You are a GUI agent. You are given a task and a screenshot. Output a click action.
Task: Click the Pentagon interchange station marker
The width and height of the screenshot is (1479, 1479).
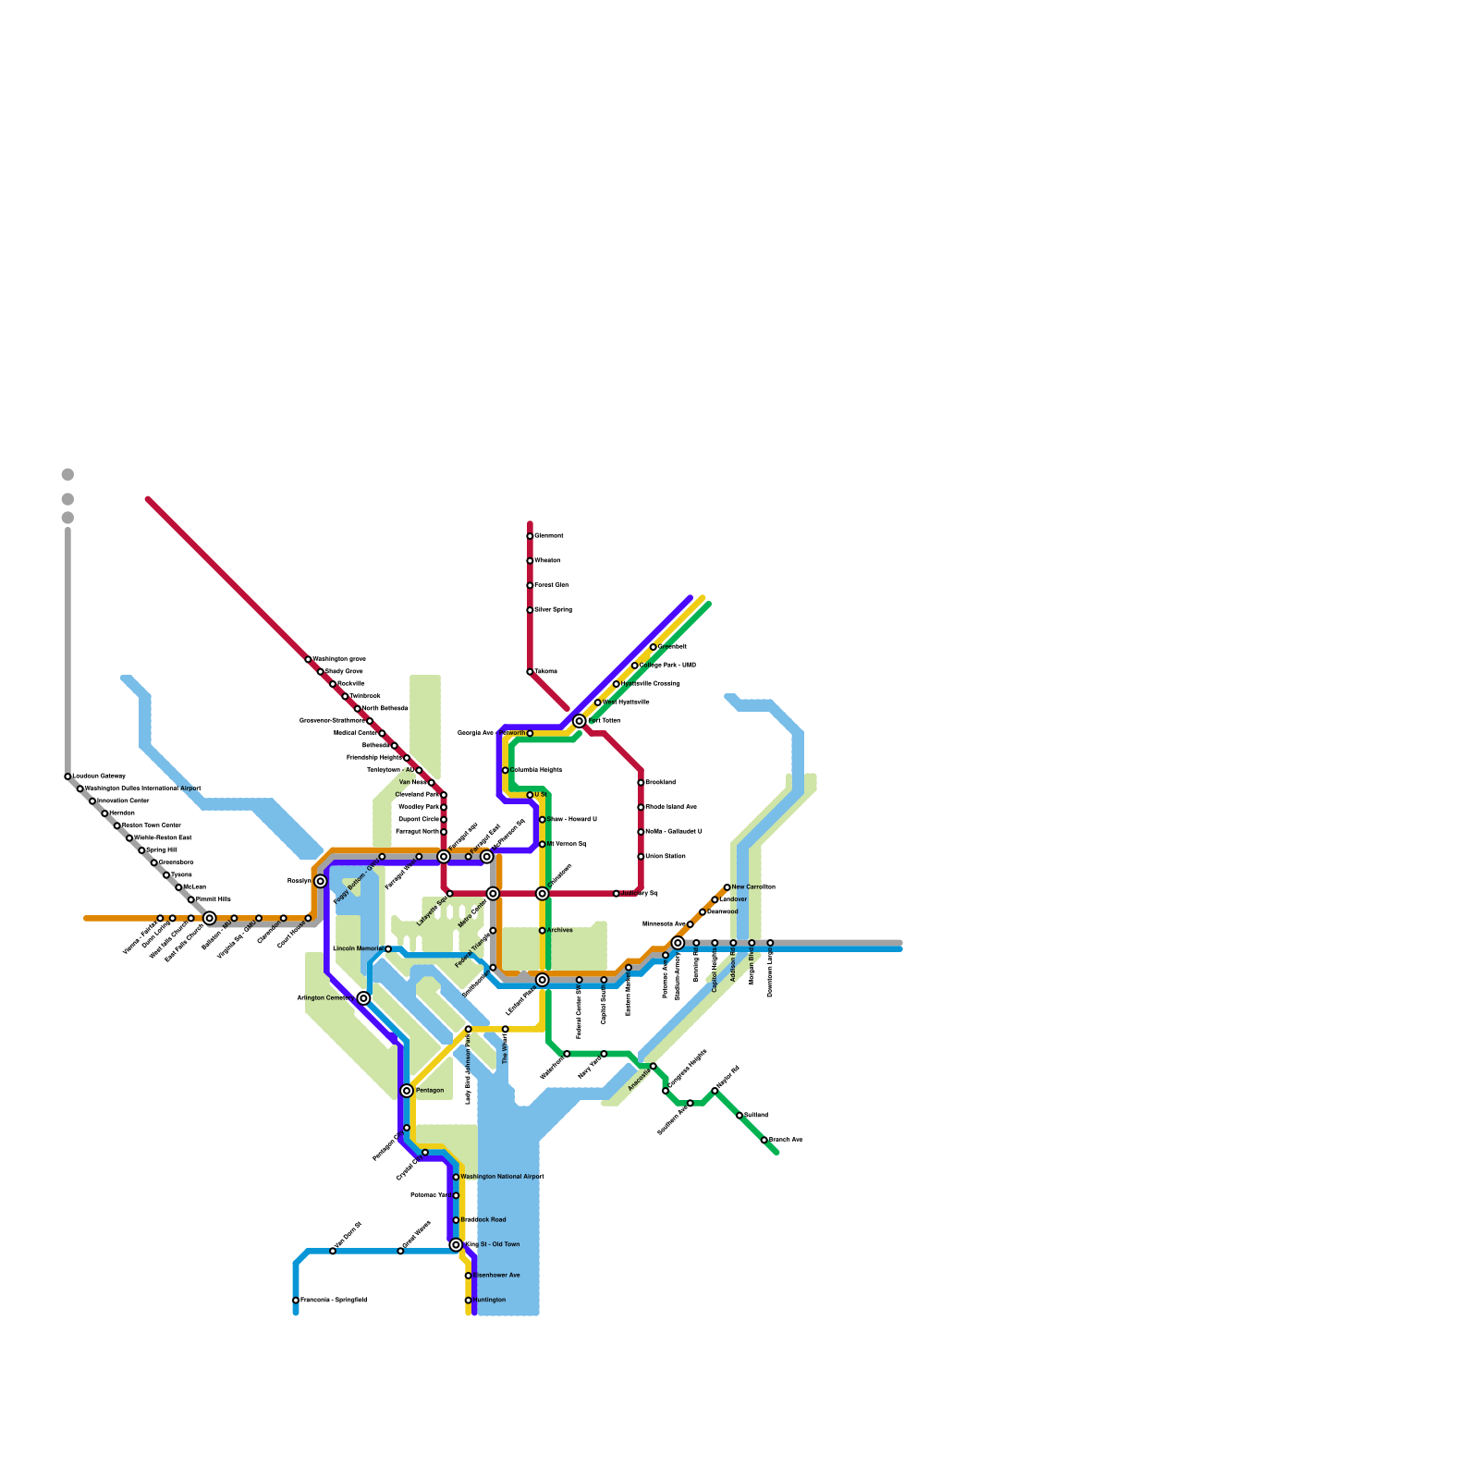(407, 1091)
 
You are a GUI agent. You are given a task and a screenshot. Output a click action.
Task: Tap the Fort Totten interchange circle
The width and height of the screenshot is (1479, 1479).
(580, 721)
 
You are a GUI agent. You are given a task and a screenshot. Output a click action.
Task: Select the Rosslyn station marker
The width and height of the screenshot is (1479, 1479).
(321, 881)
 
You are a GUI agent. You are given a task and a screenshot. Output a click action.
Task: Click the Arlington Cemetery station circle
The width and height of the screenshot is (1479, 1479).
(364, 998)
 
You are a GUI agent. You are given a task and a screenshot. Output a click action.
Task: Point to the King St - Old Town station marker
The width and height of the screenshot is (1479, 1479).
(456, 1245)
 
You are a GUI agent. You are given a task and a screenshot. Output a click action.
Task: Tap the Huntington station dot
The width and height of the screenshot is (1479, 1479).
(468, 1301)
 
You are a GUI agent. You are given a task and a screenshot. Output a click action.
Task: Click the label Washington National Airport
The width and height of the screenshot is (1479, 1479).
(502, 1177)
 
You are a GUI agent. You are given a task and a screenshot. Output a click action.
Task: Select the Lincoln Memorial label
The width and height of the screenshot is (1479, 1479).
(357, 948)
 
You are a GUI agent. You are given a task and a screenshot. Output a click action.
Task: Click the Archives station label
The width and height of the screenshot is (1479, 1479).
(559, 930)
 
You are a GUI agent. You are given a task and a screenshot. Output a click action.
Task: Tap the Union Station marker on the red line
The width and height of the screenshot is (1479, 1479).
(641, 857)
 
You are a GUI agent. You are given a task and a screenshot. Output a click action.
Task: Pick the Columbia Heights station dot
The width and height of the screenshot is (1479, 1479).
(506, 770)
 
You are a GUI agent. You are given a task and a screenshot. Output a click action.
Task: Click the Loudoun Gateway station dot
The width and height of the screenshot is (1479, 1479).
(67, 776)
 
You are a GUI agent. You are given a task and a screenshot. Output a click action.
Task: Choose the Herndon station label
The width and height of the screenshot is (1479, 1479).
(121, 813)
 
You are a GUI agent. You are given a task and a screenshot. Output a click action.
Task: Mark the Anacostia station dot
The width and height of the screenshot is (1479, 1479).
(654, 1067)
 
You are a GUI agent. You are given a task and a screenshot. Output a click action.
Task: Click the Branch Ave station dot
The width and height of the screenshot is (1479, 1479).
(764, 1140)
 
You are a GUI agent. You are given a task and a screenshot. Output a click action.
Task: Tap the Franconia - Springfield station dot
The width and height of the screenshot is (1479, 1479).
(296, 1301)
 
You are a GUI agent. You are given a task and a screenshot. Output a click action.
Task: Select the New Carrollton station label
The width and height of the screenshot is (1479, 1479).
(752, 886)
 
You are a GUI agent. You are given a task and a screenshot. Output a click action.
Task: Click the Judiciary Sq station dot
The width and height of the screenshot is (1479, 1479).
(617, 894)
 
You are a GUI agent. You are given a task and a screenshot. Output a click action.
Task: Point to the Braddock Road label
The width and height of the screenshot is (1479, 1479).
(483, 1220)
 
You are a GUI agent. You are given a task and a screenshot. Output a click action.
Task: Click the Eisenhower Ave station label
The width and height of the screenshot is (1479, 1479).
(496, 1276)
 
